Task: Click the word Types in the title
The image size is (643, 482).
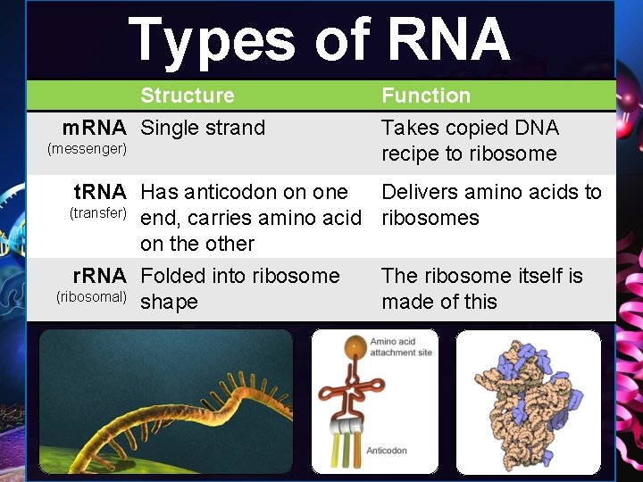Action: click(x=212, y=41)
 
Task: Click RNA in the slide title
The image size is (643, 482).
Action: click(x=448, y=41)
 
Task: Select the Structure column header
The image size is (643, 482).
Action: click(x=188, y=96)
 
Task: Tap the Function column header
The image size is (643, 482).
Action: click(x=426, y=96)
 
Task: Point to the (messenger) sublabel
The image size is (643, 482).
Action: click(x=87, y=148)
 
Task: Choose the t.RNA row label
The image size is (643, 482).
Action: click(x=100, y=192)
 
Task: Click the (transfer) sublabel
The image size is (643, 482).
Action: click(x=98, y=212)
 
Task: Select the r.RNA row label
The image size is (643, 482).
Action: click(x=100, y=276)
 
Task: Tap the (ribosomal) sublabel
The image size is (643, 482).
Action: click(x=91, y=296)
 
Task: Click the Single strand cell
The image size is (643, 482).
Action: click(x=203, y=128)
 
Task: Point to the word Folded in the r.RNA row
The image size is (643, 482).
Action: click(x=173, y=276)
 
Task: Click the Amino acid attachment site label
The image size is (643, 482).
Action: click(x=401, y=347)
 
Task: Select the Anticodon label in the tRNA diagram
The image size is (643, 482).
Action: click(x=387, y=451)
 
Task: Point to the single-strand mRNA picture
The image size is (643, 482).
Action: click(x=165, y=402)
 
